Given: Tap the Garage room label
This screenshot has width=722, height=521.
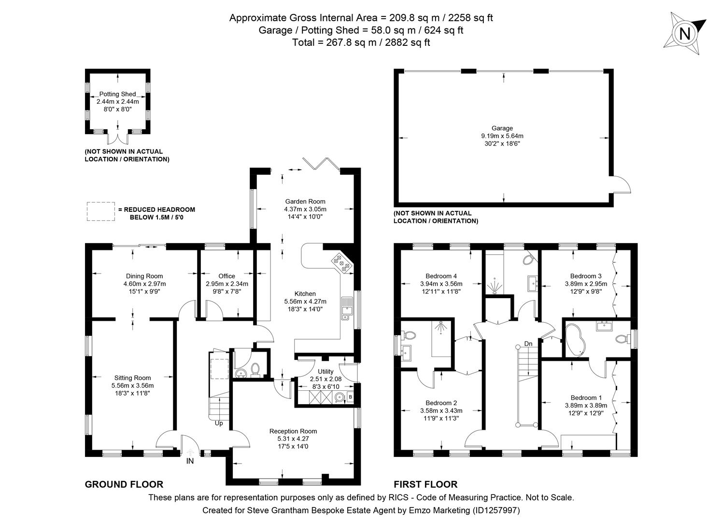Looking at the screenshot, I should pyautogui.click(x=502, y=128).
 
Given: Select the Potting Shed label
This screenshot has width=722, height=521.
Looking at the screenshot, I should pyautogui.click(x=117, y=94).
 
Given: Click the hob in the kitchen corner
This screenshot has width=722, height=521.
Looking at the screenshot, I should pyautogui.click(x=342, y=263).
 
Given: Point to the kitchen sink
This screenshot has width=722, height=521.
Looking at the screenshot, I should pyautogui.click(x=346, y=309).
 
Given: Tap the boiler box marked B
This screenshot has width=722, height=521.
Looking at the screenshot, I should pyautogui.click(x=351, y=398).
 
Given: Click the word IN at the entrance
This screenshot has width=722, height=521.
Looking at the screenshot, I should pyautogui.click(x=190, y=462).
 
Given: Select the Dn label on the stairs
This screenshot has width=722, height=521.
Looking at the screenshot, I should pyautogui.click(x=528, y=344).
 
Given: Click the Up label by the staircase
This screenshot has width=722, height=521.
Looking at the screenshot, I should pyautogui.click(x=219, y=424).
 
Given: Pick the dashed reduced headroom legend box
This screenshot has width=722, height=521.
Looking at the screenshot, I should pyautogui.click(x=100, y=211).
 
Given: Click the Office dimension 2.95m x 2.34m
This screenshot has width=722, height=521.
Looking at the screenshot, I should pyautogui.click(x=227, y=284).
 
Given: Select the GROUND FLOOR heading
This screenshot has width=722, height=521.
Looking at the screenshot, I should pyautogui.click(x=124, y=484).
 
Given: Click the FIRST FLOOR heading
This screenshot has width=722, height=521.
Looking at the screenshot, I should pyautogui.click(x=425, y=484).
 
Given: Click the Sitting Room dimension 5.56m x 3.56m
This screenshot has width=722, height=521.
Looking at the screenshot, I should pyautogui.click(x=132, y=385).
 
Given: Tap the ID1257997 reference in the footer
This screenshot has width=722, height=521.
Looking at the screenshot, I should pyautogui.click(x=497, y=510).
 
